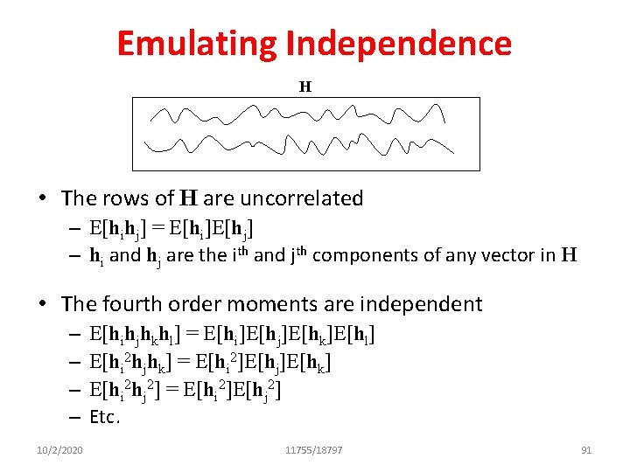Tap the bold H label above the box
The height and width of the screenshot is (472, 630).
[305, 87]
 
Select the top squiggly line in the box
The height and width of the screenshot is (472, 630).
[297, 115]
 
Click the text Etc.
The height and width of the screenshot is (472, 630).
[104, 417]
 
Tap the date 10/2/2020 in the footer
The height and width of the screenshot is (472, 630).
[60, 450]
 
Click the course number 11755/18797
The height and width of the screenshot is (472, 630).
[314, 450]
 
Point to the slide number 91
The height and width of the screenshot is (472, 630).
[586, 450]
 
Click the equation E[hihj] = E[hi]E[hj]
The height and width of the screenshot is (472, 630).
[171, 229]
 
